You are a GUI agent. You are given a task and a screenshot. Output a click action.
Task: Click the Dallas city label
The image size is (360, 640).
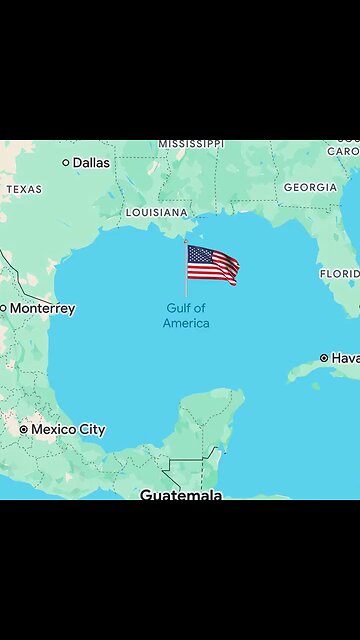pos(91,162)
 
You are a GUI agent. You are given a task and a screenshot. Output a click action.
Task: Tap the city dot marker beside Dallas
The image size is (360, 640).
pos(66,162)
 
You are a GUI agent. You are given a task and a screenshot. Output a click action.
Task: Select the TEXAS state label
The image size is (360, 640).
pos(24,189)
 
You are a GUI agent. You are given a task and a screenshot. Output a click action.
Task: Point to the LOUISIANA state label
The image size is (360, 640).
pos(156,213)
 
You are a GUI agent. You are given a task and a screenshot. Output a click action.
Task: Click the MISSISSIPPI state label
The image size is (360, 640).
pos(191,144)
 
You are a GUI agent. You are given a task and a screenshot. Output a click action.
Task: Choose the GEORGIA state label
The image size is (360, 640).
pos(309,187)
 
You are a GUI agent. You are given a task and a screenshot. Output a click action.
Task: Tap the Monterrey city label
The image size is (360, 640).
pos(42,309)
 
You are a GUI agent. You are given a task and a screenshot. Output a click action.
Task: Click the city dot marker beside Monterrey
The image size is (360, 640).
pos(3,309)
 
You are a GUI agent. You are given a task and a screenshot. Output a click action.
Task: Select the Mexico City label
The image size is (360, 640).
pos(68,430)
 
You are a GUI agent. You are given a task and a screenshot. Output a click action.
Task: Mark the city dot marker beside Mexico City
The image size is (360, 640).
pos(24,430)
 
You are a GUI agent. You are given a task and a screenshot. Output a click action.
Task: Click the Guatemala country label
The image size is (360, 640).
pos(180,494)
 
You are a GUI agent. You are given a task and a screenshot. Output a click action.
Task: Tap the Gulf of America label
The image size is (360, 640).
pos(186,316)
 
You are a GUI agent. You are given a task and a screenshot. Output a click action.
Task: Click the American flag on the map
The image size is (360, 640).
pos(212,265)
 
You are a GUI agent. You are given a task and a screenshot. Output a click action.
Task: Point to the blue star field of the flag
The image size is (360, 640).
pos(199,255)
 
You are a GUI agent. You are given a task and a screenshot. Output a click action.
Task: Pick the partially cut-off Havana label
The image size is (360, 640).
pos(345,358)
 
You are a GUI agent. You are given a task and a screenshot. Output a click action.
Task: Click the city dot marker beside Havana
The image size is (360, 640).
pos(324,358)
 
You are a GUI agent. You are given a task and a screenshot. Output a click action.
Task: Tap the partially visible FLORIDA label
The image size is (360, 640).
pos(340,273)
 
